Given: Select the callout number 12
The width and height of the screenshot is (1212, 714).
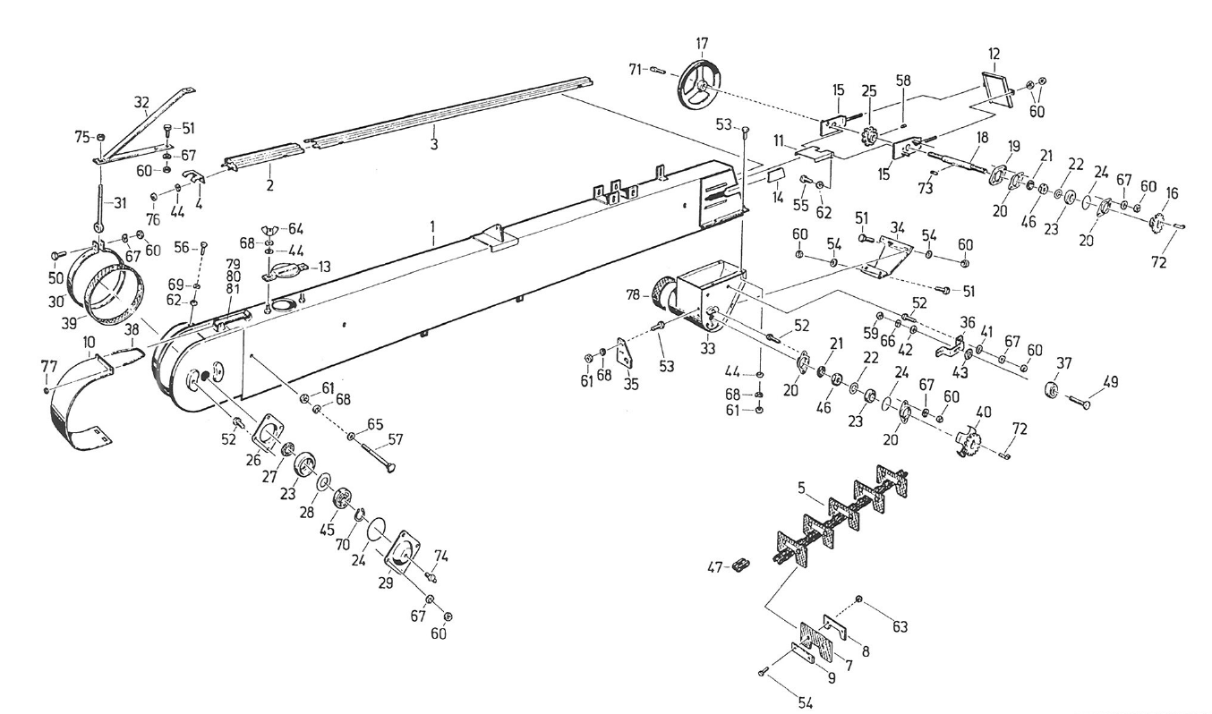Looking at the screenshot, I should (994, 54).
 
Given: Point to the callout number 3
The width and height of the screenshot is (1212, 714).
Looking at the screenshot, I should (432, 144).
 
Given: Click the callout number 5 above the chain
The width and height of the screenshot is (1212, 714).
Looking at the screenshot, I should (803, 489).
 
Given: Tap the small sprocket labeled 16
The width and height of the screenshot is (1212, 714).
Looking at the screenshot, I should (1157, 221).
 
